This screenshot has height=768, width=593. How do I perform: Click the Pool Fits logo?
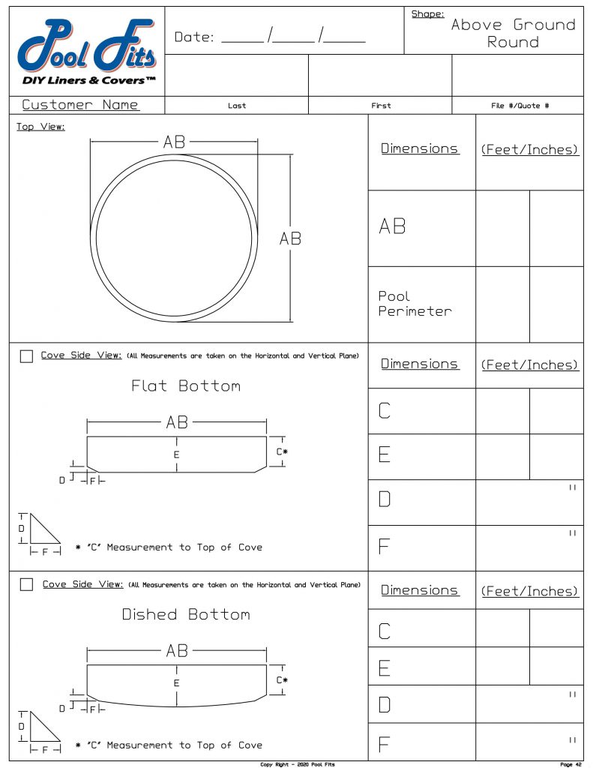click(87, 51)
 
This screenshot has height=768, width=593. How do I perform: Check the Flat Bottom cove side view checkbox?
click(26, 356)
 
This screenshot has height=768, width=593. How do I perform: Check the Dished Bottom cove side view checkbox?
click(26, 584)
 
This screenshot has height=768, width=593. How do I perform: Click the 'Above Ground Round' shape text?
click(513, 33)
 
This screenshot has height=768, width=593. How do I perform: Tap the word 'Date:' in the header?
click(193, 37)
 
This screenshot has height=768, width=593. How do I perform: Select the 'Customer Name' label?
click(80, 105)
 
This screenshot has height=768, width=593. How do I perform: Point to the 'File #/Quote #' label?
click(520, 106)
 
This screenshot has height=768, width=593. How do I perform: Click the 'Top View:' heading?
click(40, 127)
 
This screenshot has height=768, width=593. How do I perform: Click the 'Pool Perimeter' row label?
click(415, 304)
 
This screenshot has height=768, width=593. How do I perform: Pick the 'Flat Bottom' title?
click(186, 386)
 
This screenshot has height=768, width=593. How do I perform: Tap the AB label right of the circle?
click(290, 238)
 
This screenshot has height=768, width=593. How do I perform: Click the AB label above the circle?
click(174, 142)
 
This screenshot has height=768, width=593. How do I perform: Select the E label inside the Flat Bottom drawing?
click(177, 454)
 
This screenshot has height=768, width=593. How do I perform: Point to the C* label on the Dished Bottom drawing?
click(282, 680)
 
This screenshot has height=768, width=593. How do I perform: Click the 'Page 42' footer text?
click(571, 764)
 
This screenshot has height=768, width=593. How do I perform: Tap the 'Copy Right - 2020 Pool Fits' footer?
click(297, 764)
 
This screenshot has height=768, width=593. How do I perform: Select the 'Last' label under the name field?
click(237, 106)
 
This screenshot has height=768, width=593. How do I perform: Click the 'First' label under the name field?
click(381, 106)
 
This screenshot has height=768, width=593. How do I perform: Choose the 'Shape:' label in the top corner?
click(427, 14)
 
